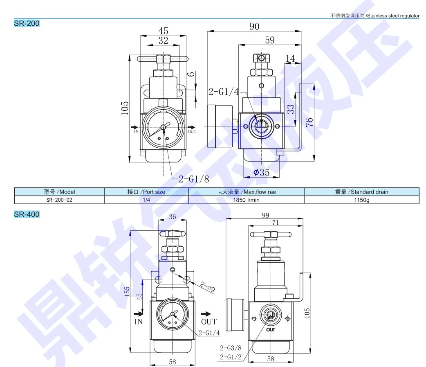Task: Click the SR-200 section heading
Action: point(27,23)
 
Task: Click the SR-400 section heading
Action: point(27,214)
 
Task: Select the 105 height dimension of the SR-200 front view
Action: point(124,108)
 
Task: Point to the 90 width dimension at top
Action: point(254,26)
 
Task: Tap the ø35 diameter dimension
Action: point(261,172)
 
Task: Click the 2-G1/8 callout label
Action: point(194,179)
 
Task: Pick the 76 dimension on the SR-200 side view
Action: point(309,122)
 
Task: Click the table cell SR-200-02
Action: point(59,200)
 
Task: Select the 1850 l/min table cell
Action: point(246,200)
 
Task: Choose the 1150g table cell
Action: point(362,200)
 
